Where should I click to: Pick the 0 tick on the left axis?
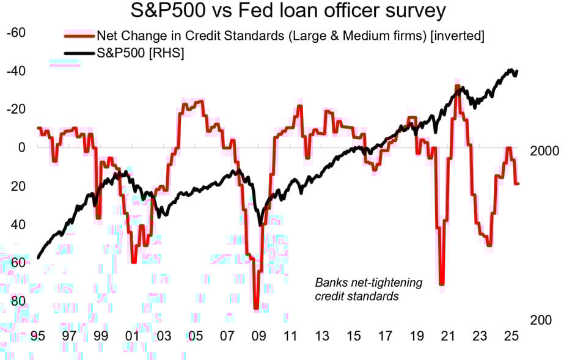tap(22, 147)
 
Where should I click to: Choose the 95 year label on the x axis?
tap(37, 336)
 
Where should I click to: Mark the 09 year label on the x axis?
tap(258, 336)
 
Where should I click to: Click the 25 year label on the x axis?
tap(512, 336)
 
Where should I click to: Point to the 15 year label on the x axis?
tap(353, 336)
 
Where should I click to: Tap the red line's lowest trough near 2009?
tap(257, 307)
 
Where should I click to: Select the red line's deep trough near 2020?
tap(441, 284)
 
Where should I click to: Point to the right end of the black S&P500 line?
tap(517, 71)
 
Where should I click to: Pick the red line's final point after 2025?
tap(518, 183)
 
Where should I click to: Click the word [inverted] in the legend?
tap(458, 36)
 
